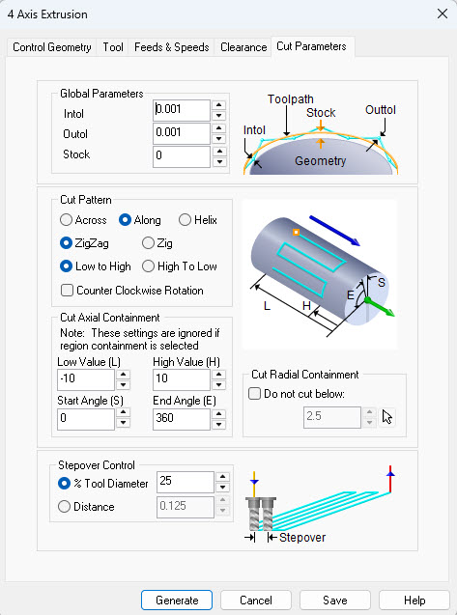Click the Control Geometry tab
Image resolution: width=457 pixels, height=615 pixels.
coord(52,46)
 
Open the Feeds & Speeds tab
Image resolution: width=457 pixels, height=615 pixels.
coord(171,46)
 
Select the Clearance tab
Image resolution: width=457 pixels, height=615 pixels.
coord(243,46)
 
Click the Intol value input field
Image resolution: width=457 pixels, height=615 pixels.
coord(181,110)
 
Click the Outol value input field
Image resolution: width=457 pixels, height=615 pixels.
coord(181,133)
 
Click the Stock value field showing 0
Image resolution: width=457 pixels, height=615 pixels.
coord(181,156)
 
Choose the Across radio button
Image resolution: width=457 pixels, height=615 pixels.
coord(66,220)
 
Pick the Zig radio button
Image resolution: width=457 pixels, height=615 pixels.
coord(149,243)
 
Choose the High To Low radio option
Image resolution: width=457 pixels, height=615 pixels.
coord(149,266)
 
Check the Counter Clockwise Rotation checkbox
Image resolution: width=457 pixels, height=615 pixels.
coord(67,290)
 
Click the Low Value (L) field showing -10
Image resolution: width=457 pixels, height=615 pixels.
coord(85,379)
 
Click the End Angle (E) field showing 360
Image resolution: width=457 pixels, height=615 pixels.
coord(181,418)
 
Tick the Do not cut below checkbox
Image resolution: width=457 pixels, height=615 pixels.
coord(254,393)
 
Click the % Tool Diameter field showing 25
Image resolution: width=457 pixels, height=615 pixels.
coord(185,481)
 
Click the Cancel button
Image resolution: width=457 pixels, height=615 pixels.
coord(256,600)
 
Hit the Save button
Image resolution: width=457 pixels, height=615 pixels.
coord(334,600)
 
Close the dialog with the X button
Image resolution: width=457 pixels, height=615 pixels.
coord(432,14)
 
